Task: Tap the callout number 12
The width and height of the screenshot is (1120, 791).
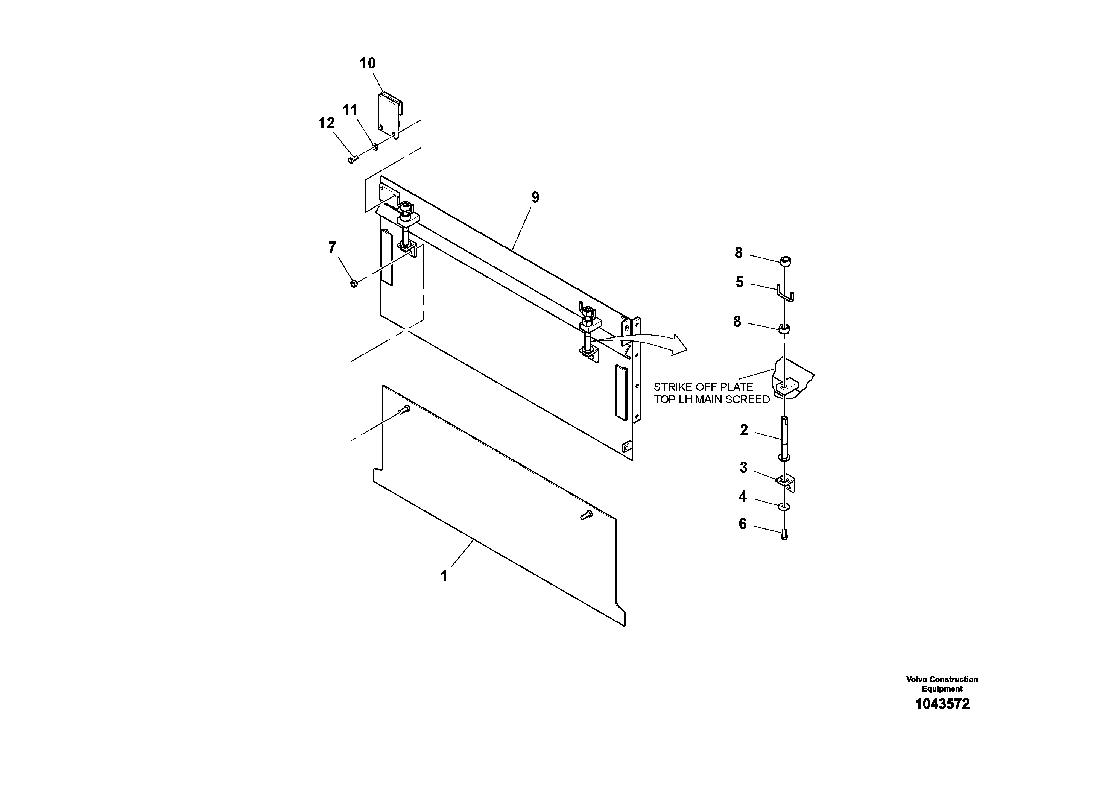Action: point(326,123)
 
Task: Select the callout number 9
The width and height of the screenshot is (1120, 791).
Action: point(535,198)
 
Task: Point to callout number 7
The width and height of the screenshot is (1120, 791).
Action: point(332,248)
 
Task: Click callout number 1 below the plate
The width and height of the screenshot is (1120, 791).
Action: point(444,577)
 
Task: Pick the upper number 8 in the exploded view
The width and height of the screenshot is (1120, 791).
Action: point(738,253)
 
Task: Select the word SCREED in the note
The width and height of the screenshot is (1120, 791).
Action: point(748,400)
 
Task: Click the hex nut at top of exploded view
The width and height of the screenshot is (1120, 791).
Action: point(786,261)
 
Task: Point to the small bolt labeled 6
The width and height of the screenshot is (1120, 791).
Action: point(784,535)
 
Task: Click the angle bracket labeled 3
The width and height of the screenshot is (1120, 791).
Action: point(786,483)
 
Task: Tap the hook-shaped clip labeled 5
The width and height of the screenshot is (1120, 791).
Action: point(785,293)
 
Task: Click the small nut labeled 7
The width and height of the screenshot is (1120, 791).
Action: point(354,283)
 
